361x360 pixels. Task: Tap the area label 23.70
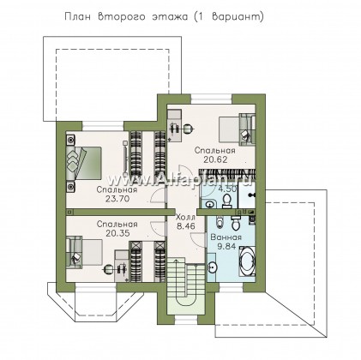click(112, 200)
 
